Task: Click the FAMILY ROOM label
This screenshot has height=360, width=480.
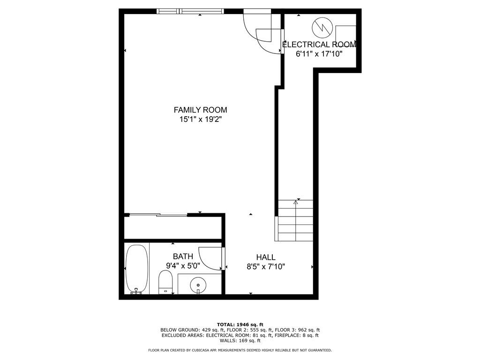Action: click(200, 110)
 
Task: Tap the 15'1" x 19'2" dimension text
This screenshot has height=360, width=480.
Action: click(200, 120)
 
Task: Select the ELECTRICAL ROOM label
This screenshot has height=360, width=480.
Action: click(319, 45)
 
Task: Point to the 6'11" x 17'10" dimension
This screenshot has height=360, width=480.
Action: click(319, 54)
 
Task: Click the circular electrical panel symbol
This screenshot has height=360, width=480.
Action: click(322, 27)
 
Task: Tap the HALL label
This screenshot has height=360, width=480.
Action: click(266, 257)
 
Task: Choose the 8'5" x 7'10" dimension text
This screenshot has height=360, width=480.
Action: click(266, 267)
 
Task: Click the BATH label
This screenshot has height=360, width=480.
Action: click(183, 256)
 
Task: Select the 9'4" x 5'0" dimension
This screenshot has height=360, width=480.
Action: click(183, 265)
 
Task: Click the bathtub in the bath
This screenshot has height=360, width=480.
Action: click(137, 269)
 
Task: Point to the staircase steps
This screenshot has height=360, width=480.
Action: click(295, 220)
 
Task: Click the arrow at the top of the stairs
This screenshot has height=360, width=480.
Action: click(296, 202)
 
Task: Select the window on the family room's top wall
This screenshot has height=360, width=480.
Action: click(190, 11)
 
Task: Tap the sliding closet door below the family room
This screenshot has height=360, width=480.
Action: click(157, 215)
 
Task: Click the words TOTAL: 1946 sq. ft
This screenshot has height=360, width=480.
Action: click(240, 324)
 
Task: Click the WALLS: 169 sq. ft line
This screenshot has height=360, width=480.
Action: click(240, 341)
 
